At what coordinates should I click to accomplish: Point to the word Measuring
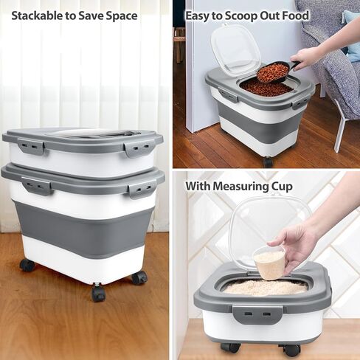click(240, 187)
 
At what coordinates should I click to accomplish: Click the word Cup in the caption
click(282, 187)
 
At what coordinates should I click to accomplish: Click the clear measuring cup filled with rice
click(269, 263)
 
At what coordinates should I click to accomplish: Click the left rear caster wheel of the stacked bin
click(27, 265)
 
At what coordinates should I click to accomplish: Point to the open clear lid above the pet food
click(235, 50)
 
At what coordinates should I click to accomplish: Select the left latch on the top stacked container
click(31, 147)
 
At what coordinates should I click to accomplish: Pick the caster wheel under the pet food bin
click(269, 162)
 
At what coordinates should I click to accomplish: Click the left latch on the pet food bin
click(228, 95)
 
